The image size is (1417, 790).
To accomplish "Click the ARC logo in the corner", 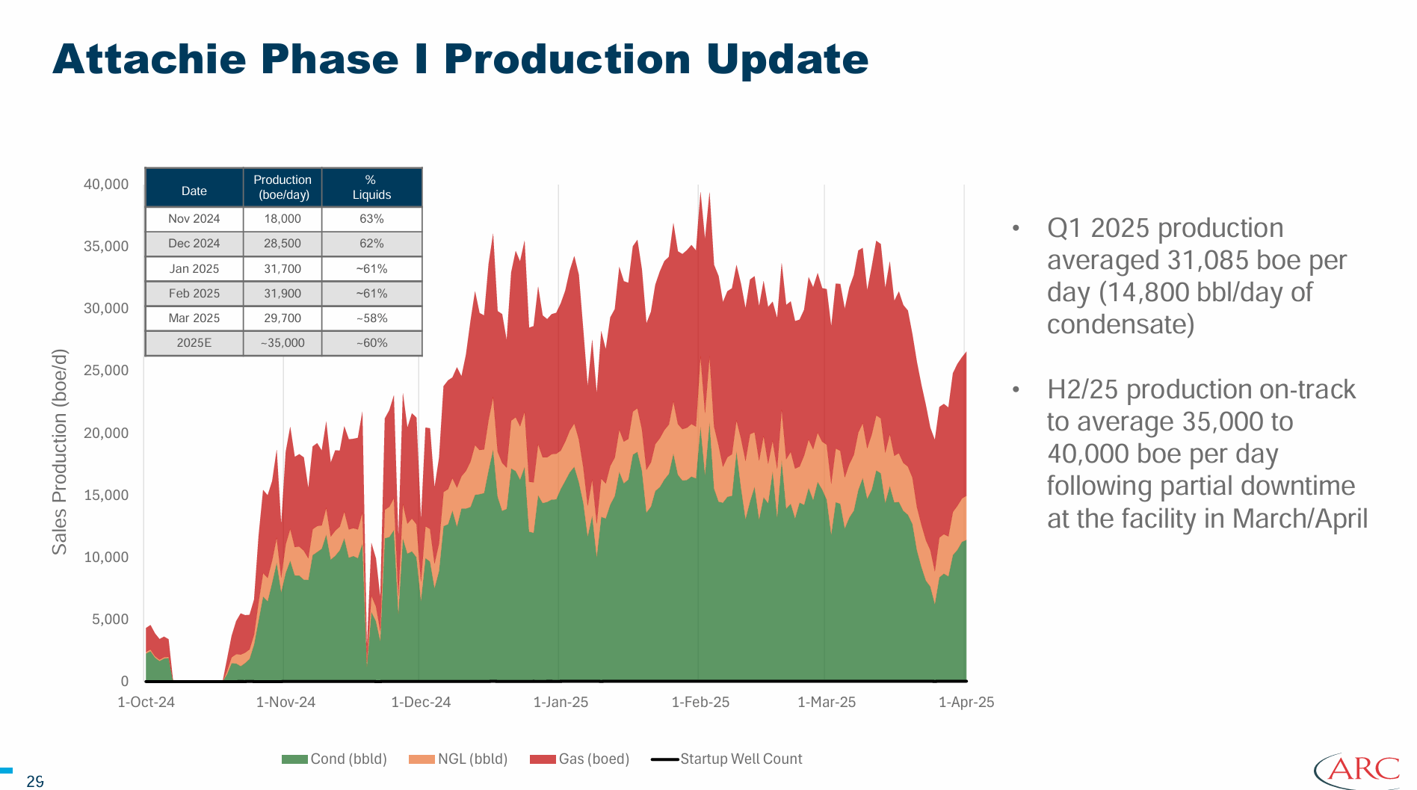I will click(1357, 770).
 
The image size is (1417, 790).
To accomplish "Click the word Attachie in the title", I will click(149, 59).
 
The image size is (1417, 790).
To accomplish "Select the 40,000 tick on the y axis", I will click(106, 185).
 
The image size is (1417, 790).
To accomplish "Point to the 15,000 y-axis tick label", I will click(106, 495).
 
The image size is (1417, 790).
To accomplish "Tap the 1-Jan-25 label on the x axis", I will click(561, 703).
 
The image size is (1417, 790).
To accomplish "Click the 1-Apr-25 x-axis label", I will click(966, 703).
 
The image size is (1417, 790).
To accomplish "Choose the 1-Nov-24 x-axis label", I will click(285, 703).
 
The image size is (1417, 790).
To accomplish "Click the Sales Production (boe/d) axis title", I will click(60, 452).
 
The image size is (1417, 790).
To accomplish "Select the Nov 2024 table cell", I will click(194, 219).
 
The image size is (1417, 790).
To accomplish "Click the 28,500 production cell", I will click(283, 244).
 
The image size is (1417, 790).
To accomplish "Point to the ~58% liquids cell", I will click(371, 318).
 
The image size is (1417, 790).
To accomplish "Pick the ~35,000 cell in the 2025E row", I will click(283, 343).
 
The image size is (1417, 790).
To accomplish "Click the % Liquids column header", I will click(371, 188).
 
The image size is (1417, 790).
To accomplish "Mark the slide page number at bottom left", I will click(35, 782).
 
